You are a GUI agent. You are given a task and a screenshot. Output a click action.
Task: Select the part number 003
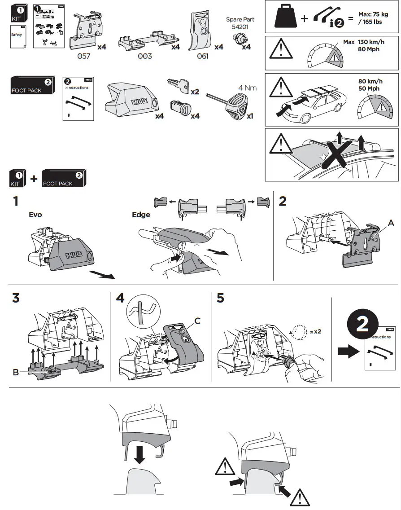pyautogui.click(x=144, y=56)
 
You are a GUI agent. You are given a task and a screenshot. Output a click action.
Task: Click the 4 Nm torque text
pyautogui.click(x=247, y=88)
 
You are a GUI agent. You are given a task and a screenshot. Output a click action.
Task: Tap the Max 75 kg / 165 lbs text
pyautogui.click(x=373, y=18)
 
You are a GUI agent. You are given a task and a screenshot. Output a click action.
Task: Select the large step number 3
pyautogui.click(x=16, y=298)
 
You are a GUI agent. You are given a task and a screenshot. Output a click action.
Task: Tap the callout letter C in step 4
pyautogui.click(x=197, y=321)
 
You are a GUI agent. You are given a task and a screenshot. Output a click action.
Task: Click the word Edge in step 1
pyautogui.click(x=141, y=215)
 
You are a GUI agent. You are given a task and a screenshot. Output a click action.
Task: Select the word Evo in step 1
pyautogui.click(x=35, y=215)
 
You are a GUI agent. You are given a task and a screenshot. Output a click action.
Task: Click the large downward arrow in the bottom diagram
pyautogui.click(x=139, y=454)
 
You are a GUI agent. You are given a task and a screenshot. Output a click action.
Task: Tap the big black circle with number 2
pyautogui.click(x=362, y=325)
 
